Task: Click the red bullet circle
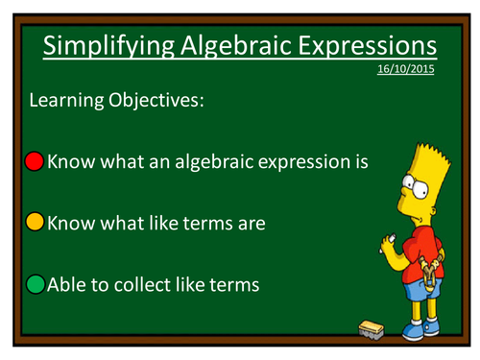[x=36, y=160]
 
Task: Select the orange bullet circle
[x=36, y=223]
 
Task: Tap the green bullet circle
[x=36, y=284]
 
